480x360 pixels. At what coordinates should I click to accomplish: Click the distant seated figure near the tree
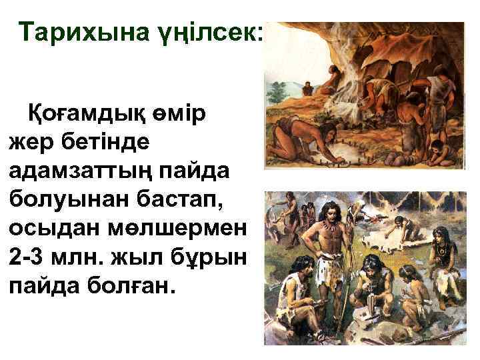click(x=307, y=87)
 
